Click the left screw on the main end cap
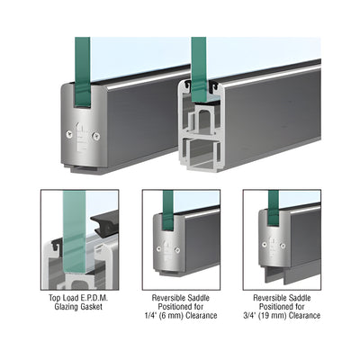tap(69, 134)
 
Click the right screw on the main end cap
tap(96, 136)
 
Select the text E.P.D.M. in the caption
tap(94, 298)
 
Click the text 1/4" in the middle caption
tap(149, 316)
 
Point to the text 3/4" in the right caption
tap(250, 316)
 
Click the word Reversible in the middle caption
tap(168, 298)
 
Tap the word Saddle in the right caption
tap(299, 298)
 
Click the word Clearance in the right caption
tap(303, 316)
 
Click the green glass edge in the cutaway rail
tap(198, 69)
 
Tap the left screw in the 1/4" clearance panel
tap(158, 248)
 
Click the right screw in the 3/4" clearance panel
tap(283, 246)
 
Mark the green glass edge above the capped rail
tap(83, 72)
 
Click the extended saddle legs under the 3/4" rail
tap(274, 274)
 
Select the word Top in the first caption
tap(54, 298)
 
